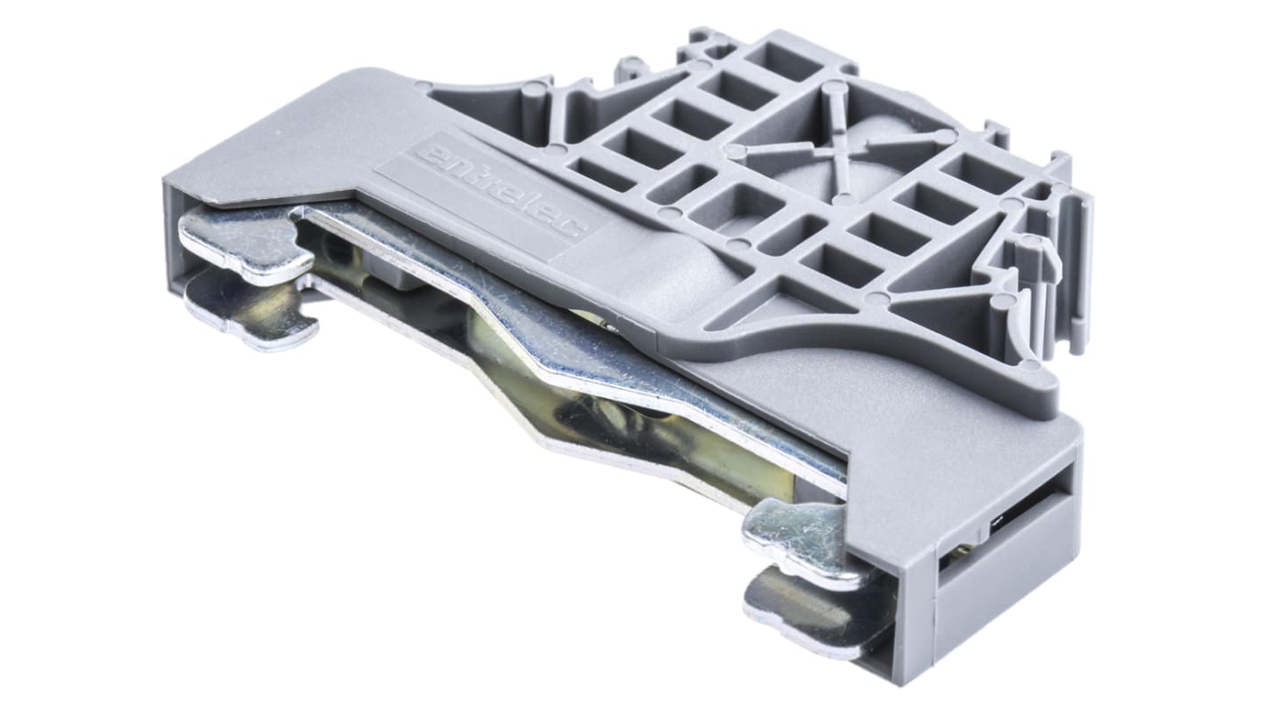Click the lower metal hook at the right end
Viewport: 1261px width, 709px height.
click(811, 614)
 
